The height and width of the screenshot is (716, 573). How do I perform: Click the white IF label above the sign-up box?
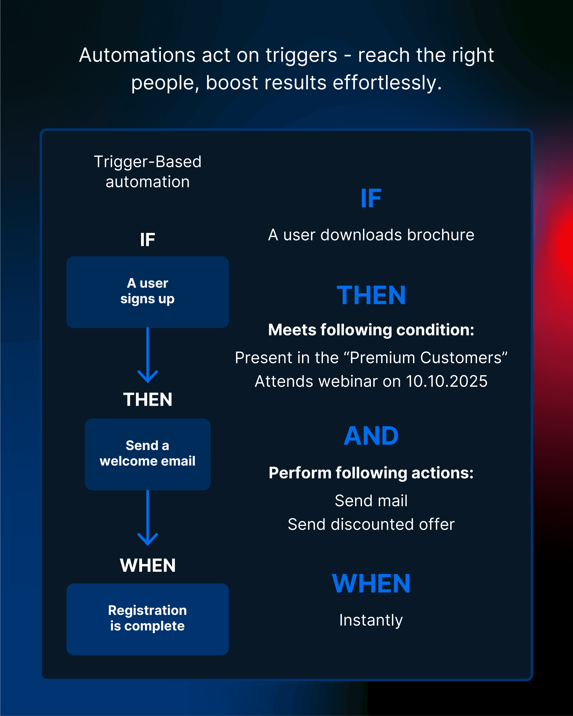[147, 240]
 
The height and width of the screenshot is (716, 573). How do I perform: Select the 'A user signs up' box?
[147, 292]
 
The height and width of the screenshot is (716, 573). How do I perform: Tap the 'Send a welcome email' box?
[147, 454]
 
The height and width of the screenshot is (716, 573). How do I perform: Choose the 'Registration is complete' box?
[147, 619]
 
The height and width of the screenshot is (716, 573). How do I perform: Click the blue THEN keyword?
[371, 295]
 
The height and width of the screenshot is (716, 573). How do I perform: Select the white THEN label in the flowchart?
[147, 400]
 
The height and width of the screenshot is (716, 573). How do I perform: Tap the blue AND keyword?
[371, 436]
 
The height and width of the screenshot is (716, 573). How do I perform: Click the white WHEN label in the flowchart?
[147, 565]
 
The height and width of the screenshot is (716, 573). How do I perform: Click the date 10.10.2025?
[446, 381]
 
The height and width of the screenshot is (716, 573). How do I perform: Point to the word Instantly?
[371, 620]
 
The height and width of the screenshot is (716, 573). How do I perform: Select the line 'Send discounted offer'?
[371, 524]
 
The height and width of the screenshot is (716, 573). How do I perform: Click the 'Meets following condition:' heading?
[371, 330]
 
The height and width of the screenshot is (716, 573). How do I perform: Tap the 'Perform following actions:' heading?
[371, 473]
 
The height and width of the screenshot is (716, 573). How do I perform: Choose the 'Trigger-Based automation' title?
[147, 172]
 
